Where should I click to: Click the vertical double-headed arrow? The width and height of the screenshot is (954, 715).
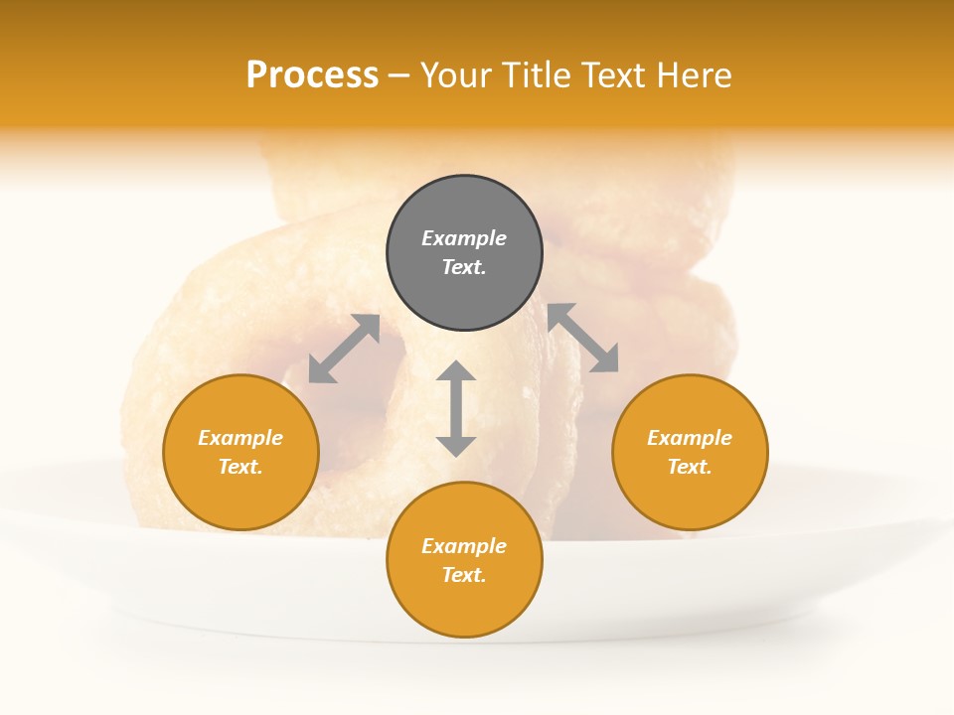(x=456, y=409)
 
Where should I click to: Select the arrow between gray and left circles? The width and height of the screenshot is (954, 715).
(x=344, y=349)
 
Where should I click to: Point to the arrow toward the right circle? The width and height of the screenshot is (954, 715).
(x=582, y=338)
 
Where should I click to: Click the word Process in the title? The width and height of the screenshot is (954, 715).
(x=312, y=75)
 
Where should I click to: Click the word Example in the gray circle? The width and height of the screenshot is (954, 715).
(x=464, y=238)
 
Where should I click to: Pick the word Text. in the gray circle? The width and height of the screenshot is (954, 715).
(x=464, y=267)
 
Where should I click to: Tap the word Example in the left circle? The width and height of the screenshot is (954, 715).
(x=240, y=438)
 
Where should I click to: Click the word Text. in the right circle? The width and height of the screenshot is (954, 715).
(x=690, y=467)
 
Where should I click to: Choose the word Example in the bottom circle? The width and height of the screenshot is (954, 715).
(x=464, y=546)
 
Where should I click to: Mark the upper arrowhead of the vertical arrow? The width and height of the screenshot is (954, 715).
(x=456, y=371)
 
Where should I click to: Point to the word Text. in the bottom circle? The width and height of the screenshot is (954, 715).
(x=464, y=575)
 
